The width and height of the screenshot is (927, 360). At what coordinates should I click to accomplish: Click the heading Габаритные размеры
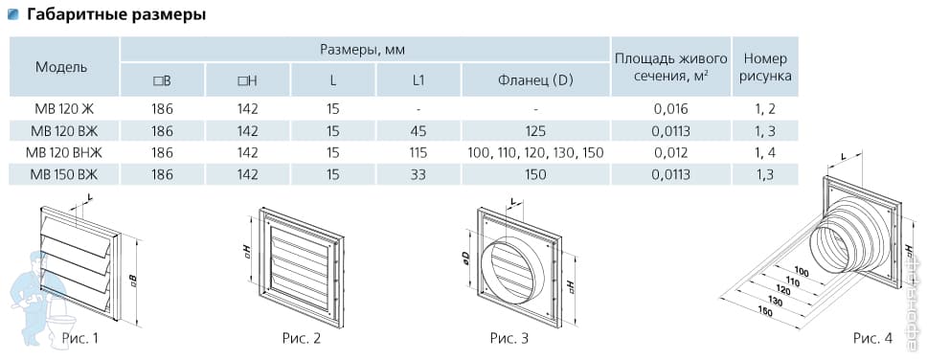(x=117, y=14)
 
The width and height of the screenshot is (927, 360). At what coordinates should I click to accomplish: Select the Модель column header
(x=61, y=67)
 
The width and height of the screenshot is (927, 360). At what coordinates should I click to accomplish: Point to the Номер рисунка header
(x=765, y=67)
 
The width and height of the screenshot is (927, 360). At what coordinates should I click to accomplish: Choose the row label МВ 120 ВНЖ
(x=64, y=152)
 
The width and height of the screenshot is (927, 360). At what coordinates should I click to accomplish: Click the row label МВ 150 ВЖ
(x=64, y=174)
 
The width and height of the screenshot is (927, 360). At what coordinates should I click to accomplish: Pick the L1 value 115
(x=418, y=152)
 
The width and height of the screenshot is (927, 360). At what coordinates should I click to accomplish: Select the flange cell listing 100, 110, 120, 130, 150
(x=535, y=152)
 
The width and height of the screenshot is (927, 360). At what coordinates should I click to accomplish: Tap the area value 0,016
(x=671, y=109)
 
